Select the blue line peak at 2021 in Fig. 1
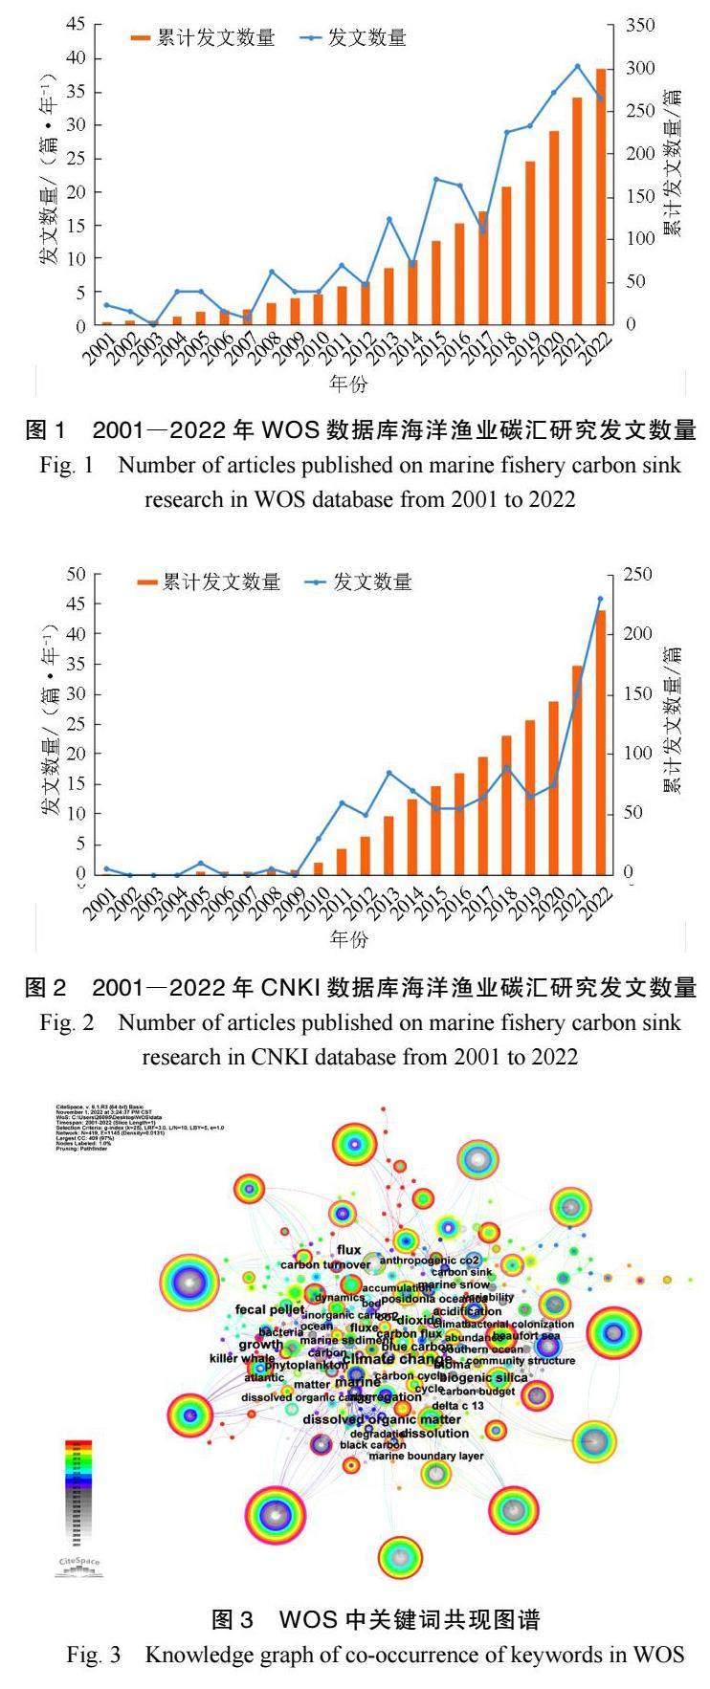click(x=577, y=66)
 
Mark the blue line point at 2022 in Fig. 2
click(x=601, y=600)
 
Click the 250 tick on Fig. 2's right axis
click(x=637, y=575)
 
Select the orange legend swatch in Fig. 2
click(x=146, y=581)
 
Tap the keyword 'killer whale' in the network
click(x=242, y=1358)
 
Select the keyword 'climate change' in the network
click(x=396, y=1359)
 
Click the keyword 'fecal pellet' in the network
click(x=270, y=1309)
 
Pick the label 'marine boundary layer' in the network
click(x=426, y=1456)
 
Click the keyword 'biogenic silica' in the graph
click(x=483, y=1377)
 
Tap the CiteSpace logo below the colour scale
click(x=79, y=1565)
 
